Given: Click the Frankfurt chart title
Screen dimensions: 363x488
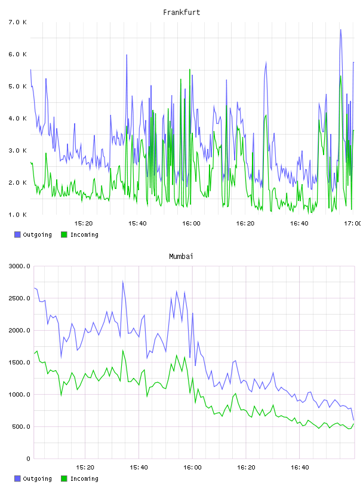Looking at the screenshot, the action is (x=181, y=12).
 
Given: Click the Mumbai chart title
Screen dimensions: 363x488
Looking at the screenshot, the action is (x=181, y=256).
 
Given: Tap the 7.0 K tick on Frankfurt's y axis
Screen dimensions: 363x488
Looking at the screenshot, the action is (x=17, y=22).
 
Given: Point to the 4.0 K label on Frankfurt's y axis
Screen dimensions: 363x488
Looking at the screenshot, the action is (x=17, y=118).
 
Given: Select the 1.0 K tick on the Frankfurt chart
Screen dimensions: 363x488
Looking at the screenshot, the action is (x=17, y=215).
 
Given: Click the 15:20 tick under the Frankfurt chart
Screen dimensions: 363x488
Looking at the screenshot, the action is (x=84, y=223).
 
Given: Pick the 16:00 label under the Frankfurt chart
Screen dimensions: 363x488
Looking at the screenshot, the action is (x=191, y=223).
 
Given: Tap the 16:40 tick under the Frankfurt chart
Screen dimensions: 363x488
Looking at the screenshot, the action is (x=299, y=223).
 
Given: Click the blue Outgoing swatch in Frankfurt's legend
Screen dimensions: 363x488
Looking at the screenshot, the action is (x=17, y=234).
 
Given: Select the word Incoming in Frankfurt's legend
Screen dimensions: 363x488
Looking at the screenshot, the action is (x=84, y=234).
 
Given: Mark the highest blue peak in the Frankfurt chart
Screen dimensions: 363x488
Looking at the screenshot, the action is (x=341, y=30).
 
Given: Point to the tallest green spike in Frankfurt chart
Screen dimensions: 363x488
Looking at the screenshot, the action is (x=190, y=69).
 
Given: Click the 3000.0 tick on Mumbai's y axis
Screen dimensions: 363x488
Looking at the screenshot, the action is (x=19, y=266).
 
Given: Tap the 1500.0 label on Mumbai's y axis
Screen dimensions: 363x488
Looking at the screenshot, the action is (x=19, y=362).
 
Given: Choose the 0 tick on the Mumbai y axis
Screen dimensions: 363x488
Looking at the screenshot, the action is (x=28, y=459).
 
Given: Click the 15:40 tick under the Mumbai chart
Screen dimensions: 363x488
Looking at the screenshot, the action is (x=139, y=467).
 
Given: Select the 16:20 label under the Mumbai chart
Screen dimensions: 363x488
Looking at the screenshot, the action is (x=246, y=467).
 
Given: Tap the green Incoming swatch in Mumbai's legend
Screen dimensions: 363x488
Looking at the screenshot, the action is (x=64, y=478).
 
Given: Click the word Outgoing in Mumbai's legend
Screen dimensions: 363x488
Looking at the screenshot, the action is (x=37, y=478).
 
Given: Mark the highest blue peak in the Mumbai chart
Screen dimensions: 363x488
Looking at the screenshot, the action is (x=123, y=282).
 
